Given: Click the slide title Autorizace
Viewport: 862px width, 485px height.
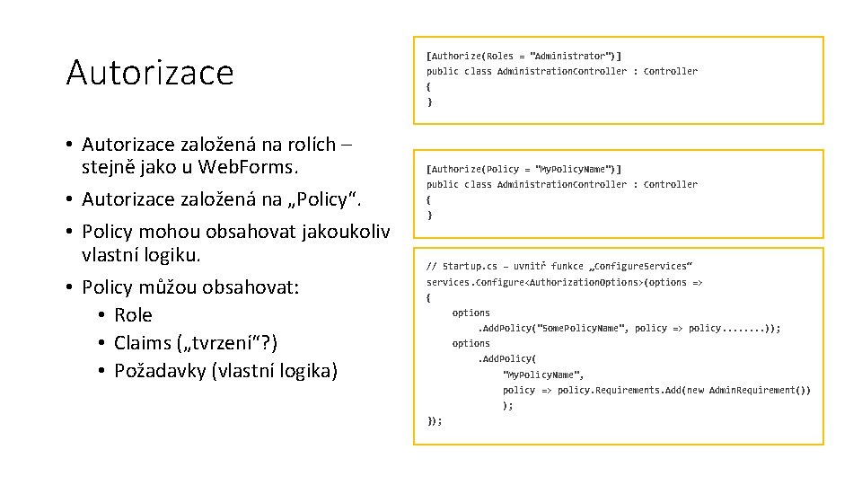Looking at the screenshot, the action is click(149, 72).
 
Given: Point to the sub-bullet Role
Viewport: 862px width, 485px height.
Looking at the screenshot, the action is click(133, 314).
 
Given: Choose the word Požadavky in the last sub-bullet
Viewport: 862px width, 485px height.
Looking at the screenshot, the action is click(160, 370).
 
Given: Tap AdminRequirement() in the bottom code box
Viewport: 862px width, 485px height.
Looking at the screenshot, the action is click(760, 390).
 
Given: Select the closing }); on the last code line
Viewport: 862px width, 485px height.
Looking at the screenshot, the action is click(435, 420).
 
